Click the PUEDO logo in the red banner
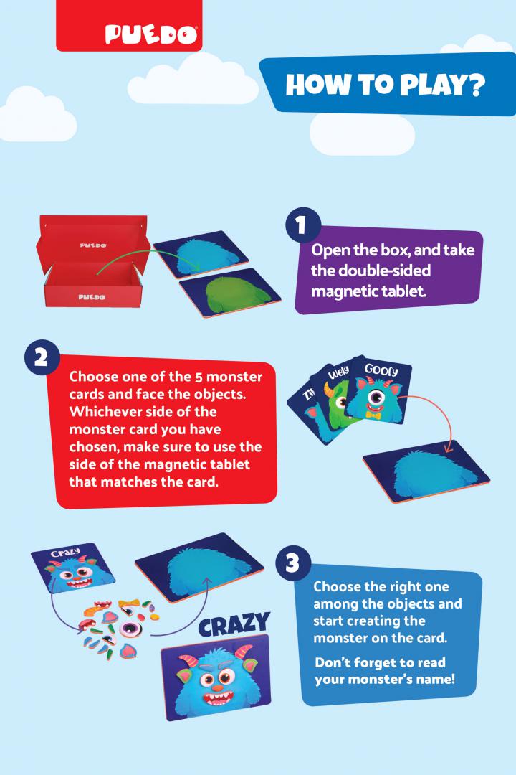coord(151,34)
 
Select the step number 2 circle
coord(42,357)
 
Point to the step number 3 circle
coord(293,563)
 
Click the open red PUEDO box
coord(93,261)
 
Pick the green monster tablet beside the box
coord(230,293)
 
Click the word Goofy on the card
coord(381,370)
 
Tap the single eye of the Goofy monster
coord(376,396)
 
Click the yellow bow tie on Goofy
coord(374,415)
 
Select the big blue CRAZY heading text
coord(234,625)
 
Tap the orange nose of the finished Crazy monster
coord(216,687)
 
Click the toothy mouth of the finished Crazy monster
coord(219,698)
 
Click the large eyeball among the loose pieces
coord(130,629)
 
